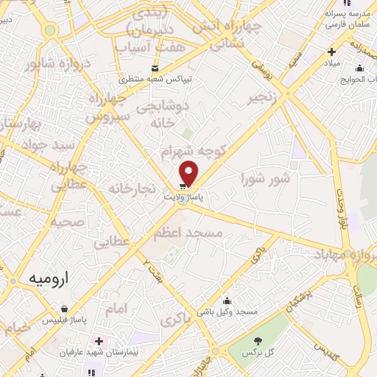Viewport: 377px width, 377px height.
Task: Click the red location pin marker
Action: (x=190, y=173)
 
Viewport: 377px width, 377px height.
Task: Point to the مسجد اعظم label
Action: (x=188, y=233)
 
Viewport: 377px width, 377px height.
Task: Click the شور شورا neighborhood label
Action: (x=266, y=177)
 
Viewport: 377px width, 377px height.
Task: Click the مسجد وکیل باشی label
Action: (x=232, y=312)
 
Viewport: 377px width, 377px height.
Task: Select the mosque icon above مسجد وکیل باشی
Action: (x=228, y=300)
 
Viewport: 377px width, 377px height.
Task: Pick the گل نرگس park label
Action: (x=259, y=353)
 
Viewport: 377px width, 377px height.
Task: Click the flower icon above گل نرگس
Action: (x=258, y=341)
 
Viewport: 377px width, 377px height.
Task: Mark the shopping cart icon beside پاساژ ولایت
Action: (x=183, y=186)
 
